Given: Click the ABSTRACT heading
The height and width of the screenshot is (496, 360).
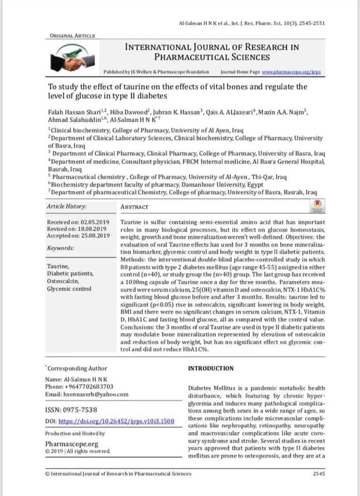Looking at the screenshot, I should point(134,207).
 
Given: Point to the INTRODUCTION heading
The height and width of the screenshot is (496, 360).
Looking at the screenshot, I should point(211,368).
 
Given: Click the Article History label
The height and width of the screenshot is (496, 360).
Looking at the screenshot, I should point(67,207).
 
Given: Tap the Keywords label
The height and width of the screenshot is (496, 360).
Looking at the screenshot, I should point(60,248).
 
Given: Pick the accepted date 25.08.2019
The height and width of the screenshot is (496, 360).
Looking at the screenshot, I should point(92,235).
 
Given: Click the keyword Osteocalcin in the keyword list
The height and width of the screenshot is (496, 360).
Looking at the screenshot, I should point(62,281).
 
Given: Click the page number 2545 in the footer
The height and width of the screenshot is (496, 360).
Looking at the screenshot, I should point(319,473).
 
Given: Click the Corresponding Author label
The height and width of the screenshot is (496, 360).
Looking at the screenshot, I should point(77,368).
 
